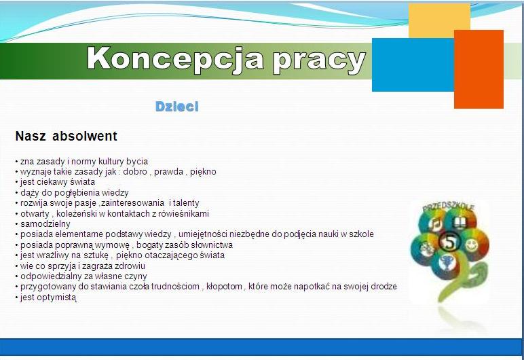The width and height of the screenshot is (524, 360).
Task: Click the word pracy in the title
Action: pos(319,62)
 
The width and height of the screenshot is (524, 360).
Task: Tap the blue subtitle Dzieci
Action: pos(176,107)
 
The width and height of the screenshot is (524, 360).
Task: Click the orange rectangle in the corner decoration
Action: pos(479,69)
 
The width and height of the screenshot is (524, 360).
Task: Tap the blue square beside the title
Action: pos(413,65)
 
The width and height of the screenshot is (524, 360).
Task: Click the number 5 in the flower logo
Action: pos(450,242)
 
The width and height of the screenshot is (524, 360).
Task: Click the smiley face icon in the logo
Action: pos(471,245)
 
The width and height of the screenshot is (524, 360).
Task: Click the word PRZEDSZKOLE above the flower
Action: pos(448,207)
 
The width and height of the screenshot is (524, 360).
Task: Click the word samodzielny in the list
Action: pos(45,224)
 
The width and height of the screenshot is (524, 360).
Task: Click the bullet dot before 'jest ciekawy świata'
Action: pos(16,182)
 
